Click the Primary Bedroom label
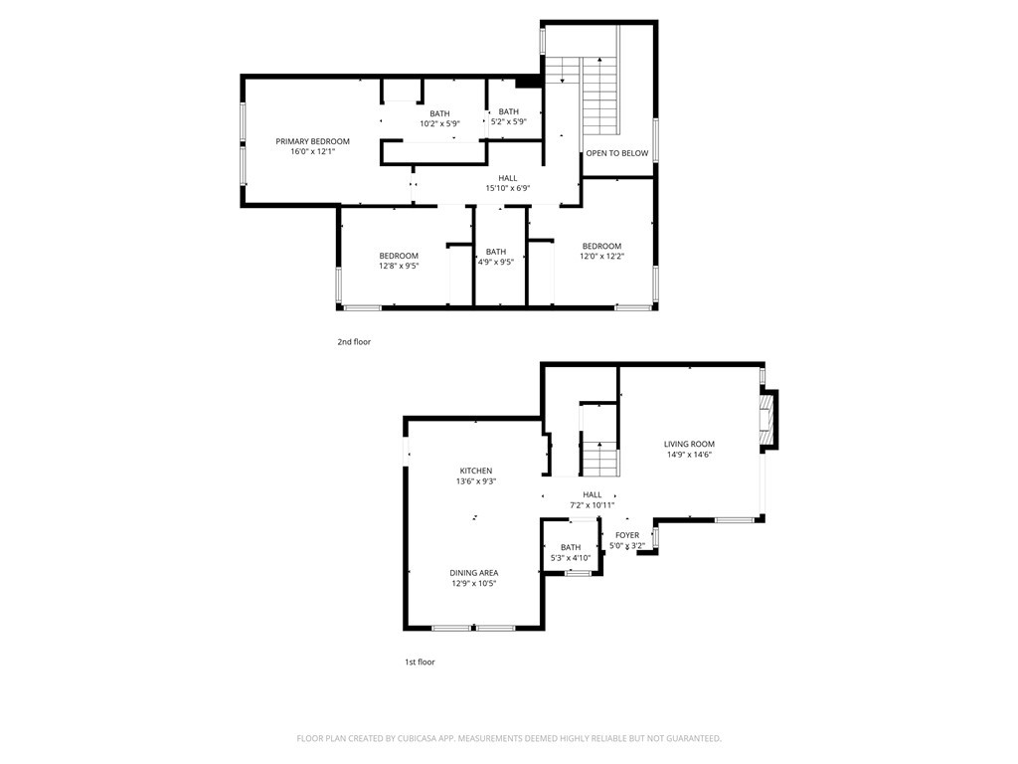(312, 141)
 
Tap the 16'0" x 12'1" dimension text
(312, 151)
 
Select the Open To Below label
(616, 153)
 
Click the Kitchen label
(475, 471)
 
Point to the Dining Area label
(473, 573)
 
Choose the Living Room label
(689, 444)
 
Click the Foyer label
(626, 535)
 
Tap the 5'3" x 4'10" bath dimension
(571, 558)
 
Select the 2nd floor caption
(353, 342)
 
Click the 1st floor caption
(419, 662)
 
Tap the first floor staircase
(599, 459)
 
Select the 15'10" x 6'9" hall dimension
(507, 188)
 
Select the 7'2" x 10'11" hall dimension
(592, 504)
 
